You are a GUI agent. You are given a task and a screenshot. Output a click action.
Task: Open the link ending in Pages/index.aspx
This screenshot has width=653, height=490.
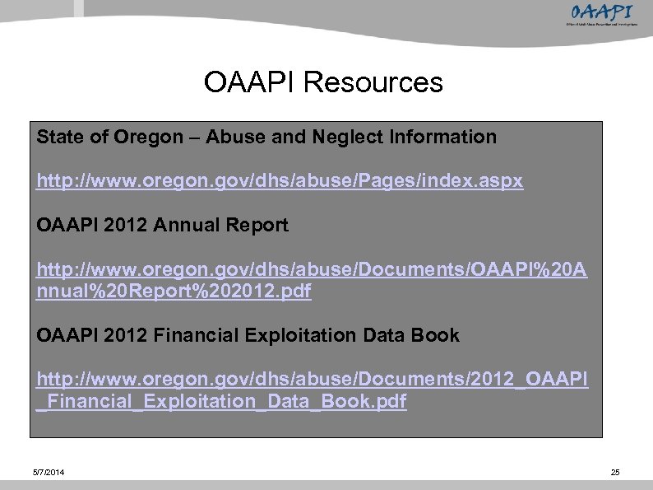coord(280,181)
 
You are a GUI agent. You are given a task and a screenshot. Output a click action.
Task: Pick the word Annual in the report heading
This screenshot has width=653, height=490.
coord(172,225)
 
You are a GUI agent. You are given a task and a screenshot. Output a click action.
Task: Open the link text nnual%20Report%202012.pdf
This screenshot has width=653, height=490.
coord(174,292)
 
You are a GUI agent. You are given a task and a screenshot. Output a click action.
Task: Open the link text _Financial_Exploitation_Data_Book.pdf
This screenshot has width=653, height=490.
coord(222,402)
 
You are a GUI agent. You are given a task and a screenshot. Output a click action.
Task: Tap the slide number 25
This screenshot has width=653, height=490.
coord(614,472)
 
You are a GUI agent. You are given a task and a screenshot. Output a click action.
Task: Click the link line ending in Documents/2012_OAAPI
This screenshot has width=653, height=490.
coord(313,380)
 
